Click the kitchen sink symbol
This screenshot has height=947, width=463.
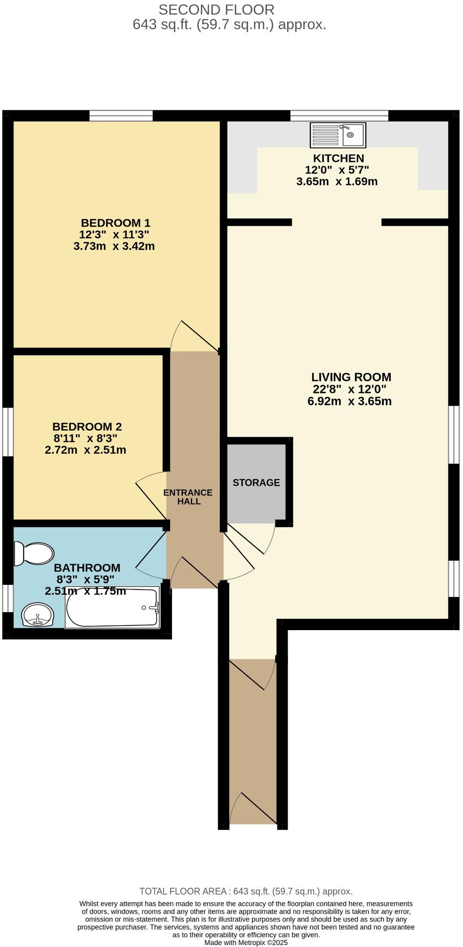coord(338,135)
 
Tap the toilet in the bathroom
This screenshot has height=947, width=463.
coord(34,553)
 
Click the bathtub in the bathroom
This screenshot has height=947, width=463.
coord(112,608)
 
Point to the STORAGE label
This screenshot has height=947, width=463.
coord(256,482)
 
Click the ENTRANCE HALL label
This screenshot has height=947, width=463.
coord(188,497)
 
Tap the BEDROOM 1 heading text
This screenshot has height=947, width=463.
coord(116,223)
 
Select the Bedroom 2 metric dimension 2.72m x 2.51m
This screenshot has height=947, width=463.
coord(85,450)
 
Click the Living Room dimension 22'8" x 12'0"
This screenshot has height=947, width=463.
coord(349,389)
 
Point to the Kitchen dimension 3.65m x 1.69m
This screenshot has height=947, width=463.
coord(337,182)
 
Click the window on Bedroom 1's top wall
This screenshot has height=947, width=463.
coord(121,116)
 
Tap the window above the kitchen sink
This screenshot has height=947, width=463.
coord(339,116)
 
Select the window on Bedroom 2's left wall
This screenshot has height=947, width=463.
coord(8,432)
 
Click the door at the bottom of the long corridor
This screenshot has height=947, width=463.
coord(253,808)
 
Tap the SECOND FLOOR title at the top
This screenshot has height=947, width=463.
coord(216,9)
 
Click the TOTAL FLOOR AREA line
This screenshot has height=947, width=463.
coord(246,891)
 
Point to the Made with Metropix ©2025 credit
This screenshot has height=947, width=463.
coord(246,942)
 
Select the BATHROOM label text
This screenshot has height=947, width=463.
coord(87,568)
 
